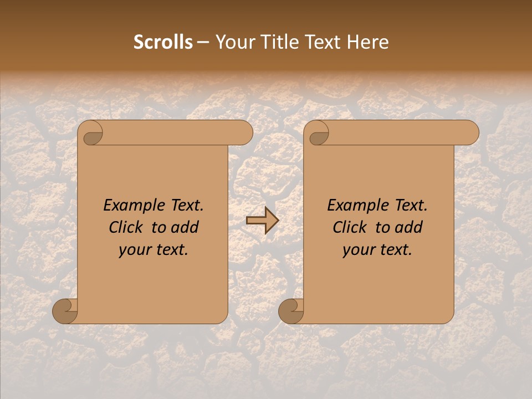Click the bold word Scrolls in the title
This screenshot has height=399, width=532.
click(163, 42)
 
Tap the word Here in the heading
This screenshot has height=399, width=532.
click(368, 42)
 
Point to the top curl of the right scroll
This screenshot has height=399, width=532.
click(318, 134)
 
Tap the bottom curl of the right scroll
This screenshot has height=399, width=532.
click(291, 311)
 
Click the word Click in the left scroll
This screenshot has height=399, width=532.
click(125, 227)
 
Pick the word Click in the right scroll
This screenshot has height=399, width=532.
click(349, 227)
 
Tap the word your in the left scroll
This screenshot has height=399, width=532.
click(135, 250)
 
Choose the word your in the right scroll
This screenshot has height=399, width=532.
click(359, 250)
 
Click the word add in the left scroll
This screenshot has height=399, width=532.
click(185, 227)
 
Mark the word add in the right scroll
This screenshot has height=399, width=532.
click(409, 227)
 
